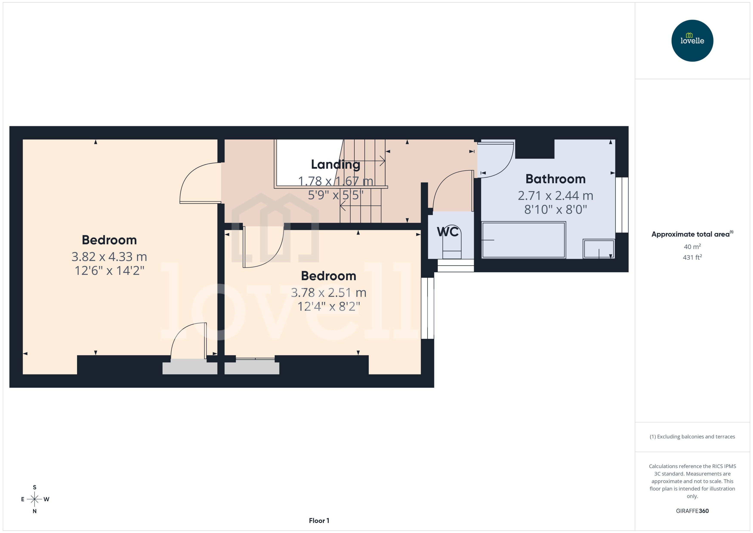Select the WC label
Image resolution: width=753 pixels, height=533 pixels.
click(x=447, y=232)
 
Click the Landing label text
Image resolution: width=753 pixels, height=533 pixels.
click(x=335, y=164)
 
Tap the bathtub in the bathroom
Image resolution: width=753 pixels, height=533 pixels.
click(x=523, y=240)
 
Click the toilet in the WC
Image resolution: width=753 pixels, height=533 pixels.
click(x=452, y=243)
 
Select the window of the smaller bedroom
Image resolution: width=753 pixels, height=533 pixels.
click(x=427, y=308)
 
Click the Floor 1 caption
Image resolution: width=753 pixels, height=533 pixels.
click(x=319, y=521)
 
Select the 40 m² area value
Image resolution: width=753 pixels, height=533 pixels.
click(x=692, y=246)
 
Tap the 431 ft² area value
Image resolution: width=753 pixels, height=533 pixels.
click(x=692, y=257)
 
